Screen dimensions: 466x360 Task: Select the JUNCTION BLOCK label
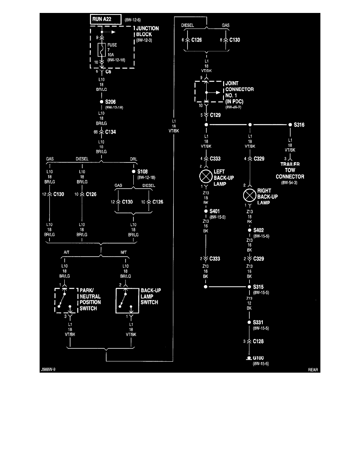pos(147,31)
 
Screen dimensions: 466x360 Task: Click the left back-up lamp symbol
pos(206,175)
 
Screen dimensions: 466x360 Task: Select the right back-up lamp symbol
pos(250,194)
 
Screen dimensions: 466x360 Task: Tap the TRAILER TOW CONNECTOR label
pos(290,170)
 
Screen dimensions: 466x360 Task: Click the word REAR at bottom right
pos(313,370)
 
